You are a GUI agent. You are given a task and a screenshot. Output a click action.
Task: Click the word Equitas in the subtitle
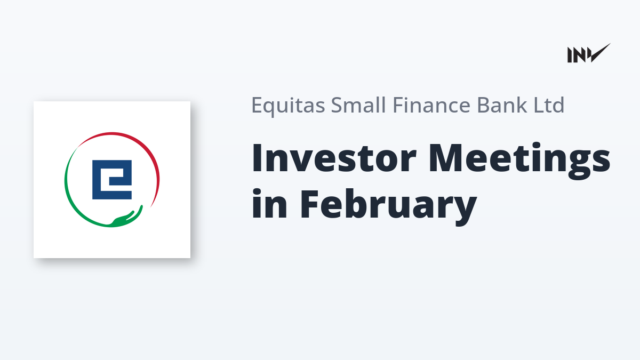pos(288,106)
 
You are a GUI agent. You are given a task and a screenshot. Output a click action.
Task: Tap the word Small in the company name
pos(358,105)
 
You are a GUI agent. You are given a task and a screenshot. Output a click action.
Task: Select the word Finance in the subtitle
pos(431,105)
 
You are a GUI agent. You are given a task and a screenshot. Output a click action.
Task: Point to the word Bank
pos(502,105)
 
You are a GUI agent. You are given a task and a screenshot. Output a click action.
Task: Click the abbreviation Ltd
pos(549,105)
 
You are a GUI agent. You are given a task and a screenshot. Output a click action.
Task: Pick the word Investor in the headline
pos(334,158)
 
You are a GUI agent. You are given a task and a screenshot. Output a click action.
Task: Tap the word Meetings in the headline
pos(519,161)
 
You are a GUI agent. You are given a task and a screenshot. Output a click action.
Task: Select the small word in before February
pos(269,204)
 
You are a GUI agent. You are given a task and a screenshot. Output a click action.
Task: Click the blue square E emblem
pos(112,180)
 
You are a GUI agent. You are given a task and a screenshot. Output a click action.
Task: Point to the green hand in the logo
pos(127,218)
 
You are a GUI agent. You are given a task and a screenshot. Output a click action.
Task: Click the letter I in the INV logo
pos(570,55)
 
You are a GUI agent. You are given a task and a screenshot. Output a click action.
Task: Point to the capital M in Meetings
pos(446,158)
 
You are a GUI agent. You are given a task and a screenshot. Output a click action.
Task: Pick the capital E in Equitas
pos(258,105)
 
